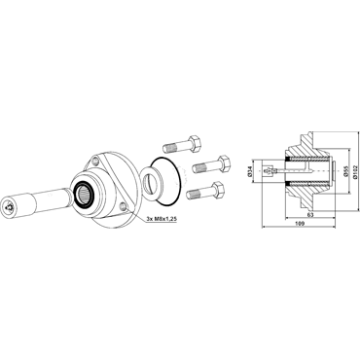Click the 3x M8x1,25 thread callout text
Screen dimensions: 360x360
[162, 219]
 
